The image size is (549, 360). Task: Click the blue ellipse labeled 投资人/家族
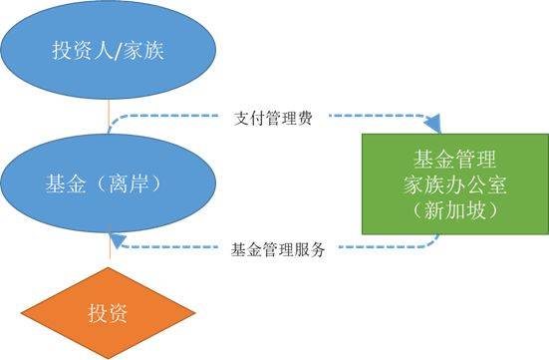pos(109,50)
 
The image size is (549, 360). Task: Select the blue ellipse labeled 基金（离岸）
pos(109,182)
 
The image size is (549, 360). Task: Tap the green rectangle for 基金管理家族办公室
pos(455,184)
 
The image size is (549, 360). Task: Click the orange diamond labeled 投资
pos(109,313)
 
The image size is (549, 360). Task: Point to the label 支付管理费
pos(273,118)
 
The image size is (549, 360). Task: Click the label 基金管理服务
pos(278,250)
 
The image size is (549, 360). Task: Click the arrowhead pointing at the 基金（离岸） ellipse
pos(118,240)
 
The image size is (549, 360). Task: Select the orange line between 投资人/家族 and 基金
pos(110,117)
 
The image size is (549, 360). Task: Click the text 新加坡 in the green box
pos(455,210)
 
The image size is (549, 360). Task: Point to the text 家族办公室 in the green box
pos(454,184)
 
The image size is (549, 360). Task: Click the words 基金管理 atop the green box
pos(454,159)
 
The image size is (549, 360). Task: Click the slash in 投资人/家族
pos(118,51)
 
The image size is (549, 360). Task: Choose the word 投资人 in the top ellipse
pos(83,50)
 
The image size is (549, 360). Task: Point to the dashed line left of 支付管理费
pos(161,116)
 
